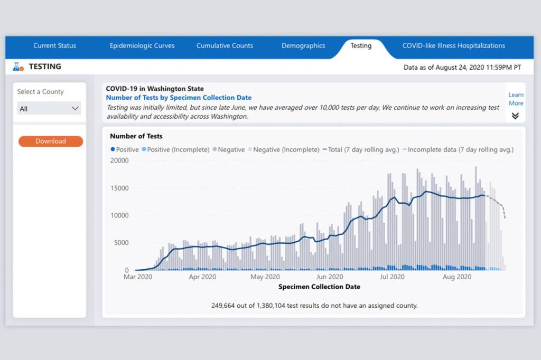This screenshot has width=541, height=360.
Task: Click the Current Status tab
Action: (54, 46)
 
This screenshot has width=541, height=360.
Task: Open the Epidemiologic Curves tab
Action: (142, 46)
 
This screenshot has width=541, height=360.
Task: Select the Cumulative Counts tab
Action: (225, 46)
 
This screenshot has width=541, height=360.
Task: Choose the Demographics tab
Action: (303, 46)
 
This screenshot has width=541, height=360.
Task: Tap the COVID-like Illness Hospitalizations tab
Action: (453, 46)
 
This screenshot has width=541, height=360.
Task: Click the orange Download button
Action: (51, 141)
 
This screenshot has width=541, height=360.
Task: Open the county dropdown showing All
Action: (49, 109)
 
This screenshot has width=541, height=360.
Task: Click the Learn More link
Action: (516, 99)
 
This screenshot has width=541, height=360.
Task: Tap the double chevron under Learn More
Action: (515, 116)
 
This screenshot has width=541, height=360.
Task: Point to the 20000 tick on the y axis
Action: (119, 160)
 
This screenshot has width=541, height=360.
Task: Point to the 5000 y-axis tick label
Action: (121, 243)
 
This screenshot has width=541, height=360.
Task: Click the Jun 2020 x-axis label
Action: (329, 277)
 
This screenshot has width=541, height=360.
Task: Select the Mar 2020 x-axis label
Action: (138, 277)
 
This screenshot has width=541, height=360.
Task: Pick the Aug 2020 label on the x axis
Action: (456, 277)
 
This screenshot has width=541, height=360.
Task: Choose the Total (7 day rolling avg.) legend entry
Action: (361, 150)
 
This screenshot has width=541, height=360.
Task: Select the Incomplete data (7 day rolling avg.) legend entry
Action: (458, 150)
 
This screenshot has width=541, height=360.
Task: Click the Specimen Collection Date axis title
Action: (319, 287)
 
